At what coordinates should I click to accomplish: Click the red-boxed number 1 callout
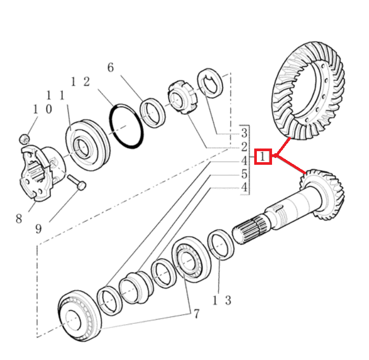(x=263, y=157)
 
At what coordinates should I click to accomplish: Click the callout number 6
(x=110, y=68)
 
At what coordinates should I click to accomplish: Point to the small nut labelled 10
(x=24, y=139)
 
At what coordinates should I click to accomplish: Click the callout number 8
(x=19, y=219)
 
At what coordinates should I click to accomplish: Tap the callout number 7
(x=196, y=314)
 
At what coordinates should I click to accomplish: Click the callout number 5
(x=244, y=174)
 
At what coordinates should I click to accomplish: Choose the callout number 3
(x=244, y=131)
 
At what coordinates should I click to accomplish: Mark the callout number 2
(x=244, y=146)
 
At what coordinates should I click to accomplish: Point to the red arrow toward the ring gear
(x=283, y=147)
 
